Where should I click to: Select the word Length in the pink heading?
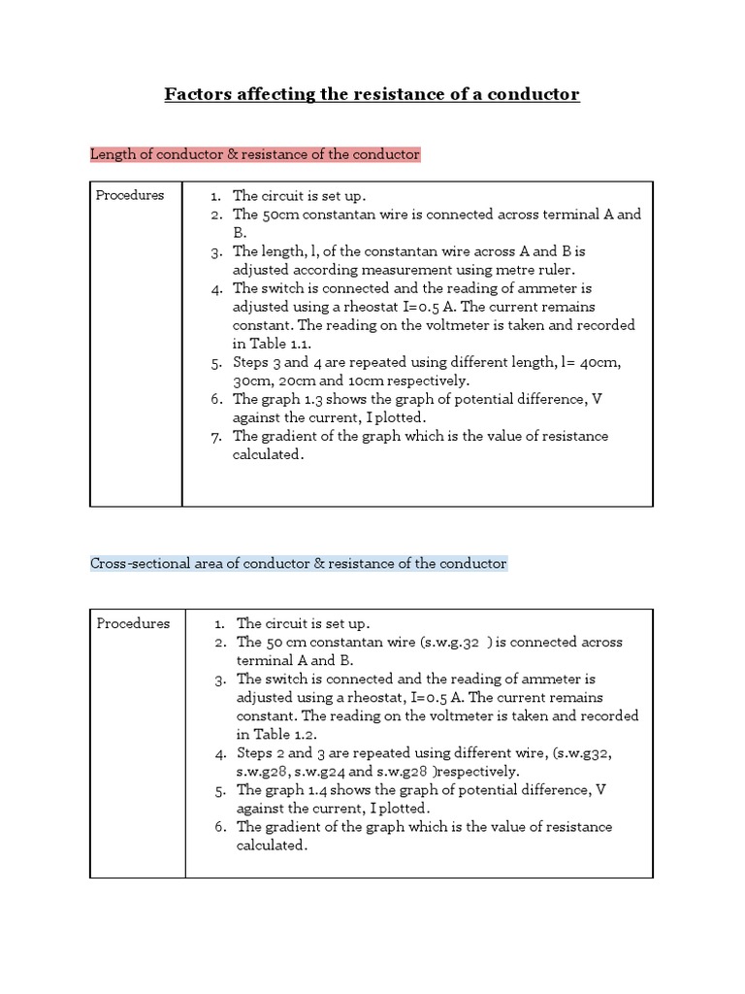pyautogui.click(x=112, y=154)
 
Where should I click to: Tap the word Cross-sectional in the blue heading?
pyautogui.click(x=138, y=563)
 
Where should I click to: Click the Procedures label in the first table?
pyautogui.click(x=130, y=195)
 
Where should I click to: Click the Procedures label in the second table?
pyautogui.click(x=133, y=623)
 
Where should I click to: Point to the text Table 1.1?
pyautogui.click(x=281, y=344)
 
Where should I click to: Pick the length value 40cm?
pyautogui.click(x=602, y=362)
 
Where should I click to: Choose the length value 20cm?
pyautogui.click(x=313, y=381)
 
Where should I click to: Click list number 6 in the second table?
pyautogui.click(x=220, y=827)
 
